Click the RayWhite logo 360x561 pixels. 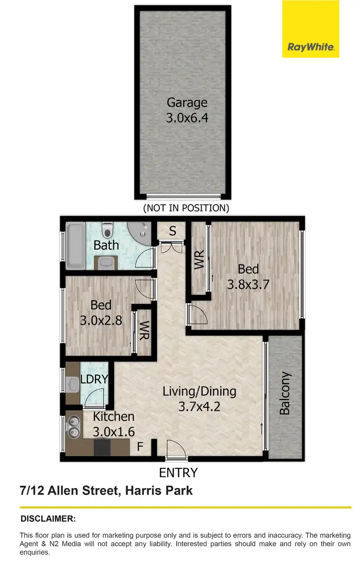(311, 47)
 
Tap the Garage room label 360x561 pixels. (187, 102)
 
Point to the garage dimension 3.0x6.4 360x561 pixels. (187, 118)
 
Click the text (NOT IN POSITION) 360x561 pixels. (186, 208)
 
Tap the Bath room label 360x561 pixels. (106, 245)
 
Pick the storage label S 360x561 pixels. (172, 231)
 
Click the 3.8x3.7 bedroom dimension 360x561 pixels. (248, 284)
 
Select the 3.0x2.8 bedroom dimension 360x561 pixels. (101, 320)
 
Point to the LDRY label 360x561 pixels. (94, 379)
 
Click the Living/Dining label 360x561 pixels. (199, 391)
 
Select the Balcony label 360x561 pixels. (285, 393)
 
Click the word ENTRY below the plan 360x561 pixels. (178, 473)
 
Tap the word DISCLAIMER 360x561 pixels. (48, 519)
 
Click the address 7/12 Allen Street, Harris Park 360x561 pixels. (106, 491)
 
